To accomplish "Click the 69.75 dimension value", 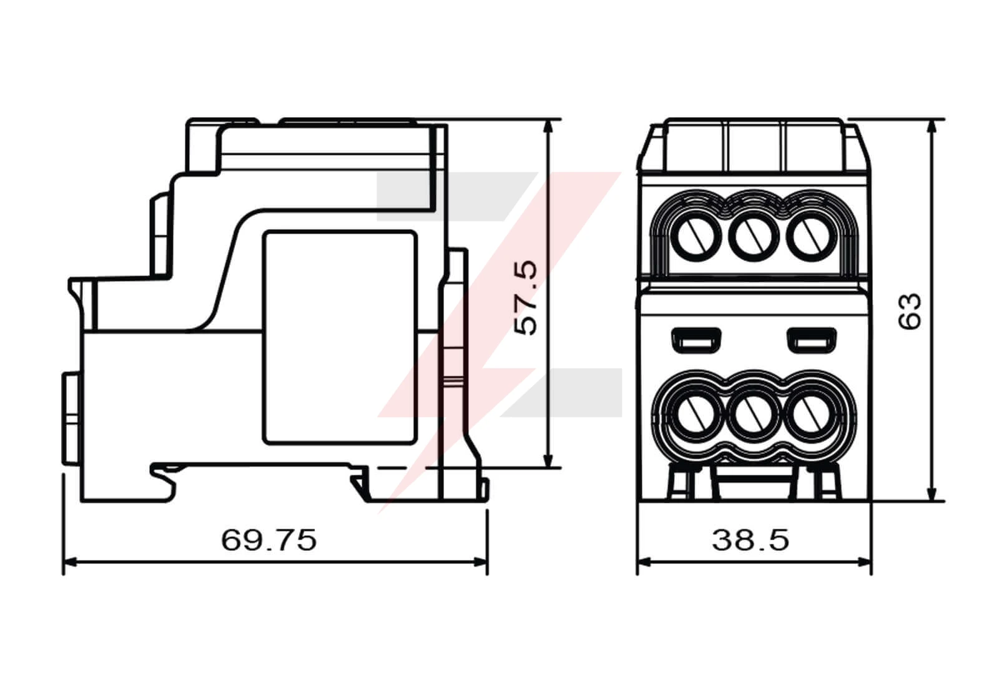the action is (x=269, y=540).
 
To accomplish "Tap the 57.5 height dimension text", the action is (x=526, y=298).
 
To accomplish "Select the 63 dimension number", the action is (x=909, y=312).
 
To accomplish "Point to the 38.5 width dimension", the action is (x=750, y=540).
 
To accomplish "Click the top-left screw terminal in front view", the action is (x=696, y=236).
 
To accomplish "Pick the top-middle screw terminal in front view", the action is (x=754, y=236).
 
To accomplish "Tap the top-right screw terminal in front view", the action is (x=811, y=236).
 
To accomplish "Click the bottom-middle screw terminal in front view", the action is (x=754, y=414).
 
